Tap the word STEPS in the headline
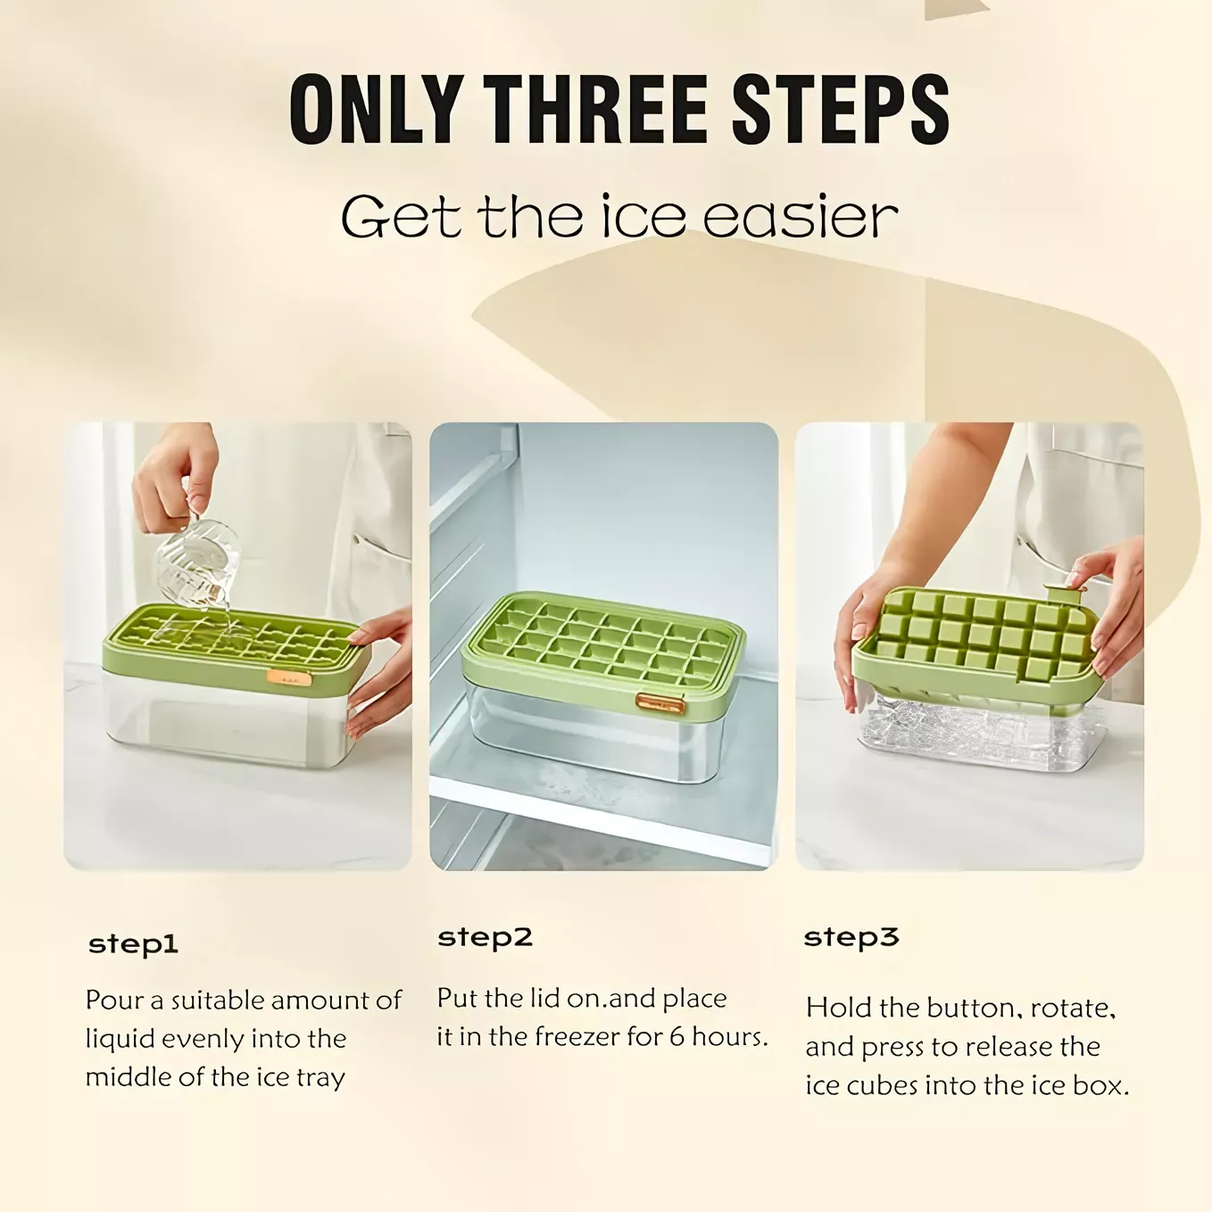pyautogui.click(x=841, y=109)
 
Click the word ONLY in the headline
pyautogui.click(x=376, y=109)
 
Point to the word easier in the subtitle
pyautogui.click(x=800, y=217)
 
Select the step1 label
pyautogui.click(x=133, y=944)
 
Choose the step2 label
pyautogui.click(x=485, y=938)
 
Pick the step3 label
pyautogui.click(x=851, y=938)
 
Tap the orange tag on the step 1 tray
pyautogui.click(x=288, y=678)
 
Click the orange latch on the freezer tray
pyautogui.click(x=660, y=703)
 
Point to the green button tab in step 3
pyautogui.click(x=1064, y=594)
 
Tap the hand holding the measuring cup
pyautogui.click(x=175, y=475)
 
